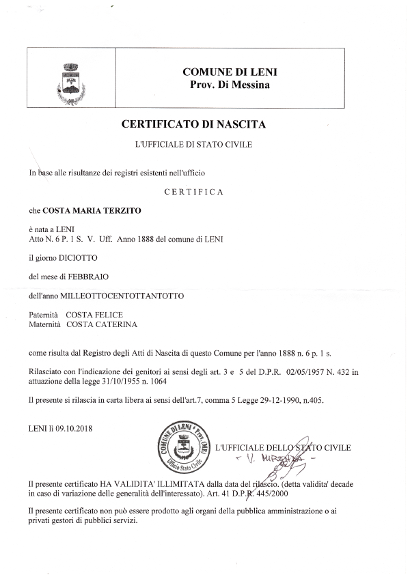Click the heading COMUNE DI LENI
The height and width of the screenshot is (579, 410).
point(230,72)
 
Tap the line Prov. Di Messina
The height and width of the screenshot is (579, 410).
point(230,85)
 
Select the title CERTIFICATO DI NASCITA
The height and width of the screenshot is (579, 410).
point(193,124)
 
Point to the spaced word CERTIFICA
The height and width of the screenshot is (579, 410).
point(194,192)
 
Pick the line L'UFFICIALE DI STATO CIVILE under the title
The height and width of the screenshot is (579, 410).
point(194,145)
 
